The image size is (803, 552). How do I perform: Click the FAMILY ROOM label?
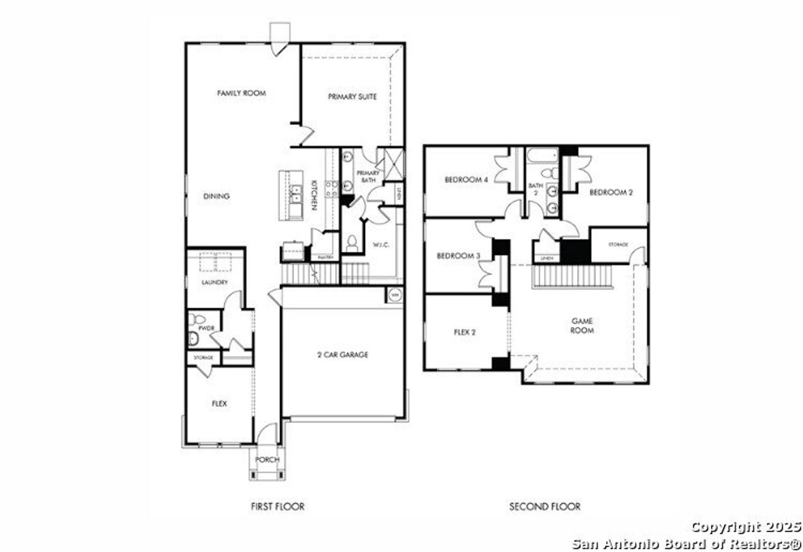242,94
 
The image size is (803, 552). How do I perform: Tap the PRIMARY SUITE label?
353,97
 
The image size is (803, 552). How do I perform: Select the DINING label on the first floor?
216,196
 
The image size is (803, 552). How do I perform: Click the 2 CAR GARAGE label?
343,355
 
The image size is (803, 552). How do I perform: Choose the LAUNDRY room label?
215,283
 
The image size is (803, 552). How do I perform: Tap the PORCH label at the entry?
267,460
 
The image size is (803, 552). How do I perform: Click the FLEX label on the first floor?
219,404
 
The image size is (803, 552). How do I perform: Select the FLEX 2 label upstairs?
465,332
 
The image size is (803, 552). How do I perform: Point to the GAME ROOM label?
582,325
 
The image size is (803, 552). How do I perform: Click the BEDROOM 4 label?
466,180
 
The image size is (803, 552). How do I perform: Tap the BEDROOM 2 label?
610,193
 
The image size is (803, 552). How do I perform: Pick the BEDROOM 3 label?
458,256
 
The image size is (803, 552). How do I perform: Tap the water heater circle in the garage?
395,295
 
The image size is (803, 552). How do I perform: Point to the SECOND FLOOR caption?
545,506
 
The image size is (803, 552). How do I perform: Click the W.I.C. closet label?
381,245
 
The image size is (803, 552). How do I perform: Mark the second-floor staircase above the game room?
572,276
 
